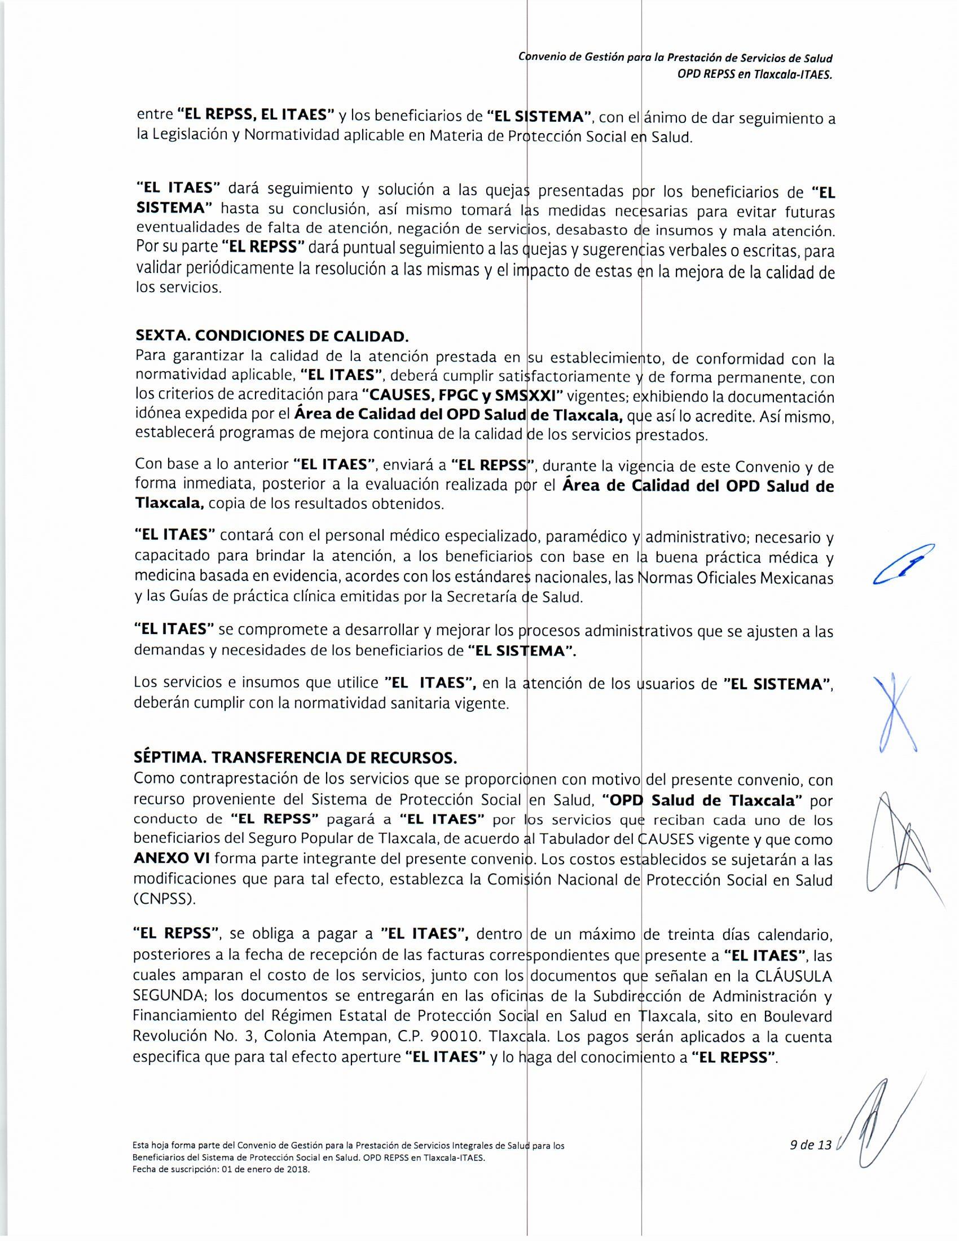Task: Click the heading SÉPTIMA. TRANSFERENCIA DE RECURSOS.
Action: click(x=295, y=758)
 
